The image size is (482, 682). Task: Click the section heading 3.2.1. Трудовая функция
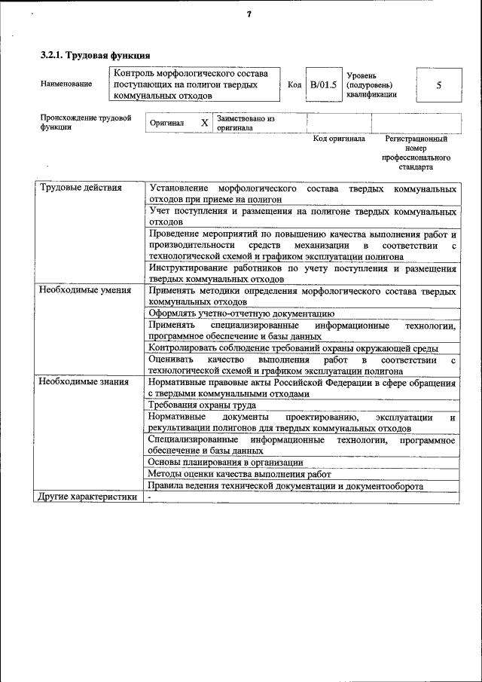[95, 55]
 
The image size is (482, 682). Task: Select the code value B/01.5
[324, 85]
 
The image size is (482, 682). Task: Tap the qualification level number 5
[438, 85]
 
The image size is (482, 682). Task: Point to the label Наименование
[66, 84]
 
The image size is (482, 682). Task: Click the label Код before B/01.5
[295, 85]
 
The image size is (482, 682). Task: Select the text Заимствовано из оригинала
[246, 123]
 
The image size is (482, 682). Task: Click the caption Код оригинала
[339, 139]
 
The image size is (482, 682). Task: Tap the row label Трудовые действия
[80, 188]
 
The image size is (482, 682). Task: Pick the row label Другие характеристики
[87, 497]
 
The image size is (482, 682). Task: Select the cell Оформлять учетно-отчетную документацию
[241, 313]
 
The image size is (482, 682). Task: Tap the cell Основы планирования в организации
[226, 462]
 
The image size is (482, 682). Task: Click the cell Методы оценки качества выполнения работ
[239, 474]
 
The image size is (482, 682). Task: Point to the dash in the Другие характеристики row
[150, 497]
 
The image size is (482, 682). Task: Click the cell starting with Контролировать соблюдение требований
[294, 348]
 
